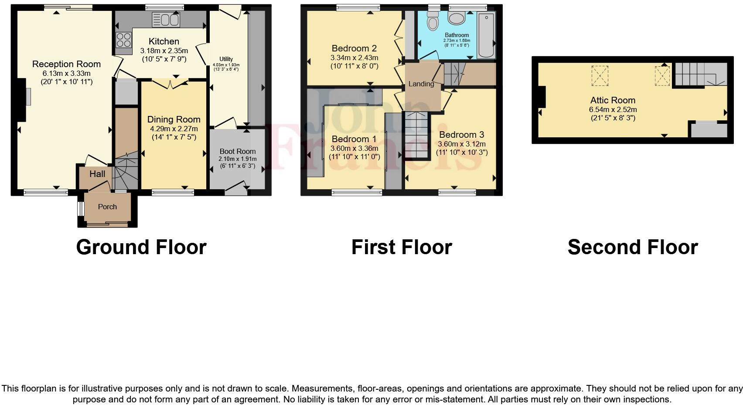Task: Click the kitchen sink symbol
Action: click(166, 20)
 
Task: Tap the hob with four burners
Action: click(123, 40)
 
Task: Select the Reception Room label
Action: click(66, 64)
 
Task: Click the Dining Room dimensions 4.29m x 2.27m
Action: click(174, 129)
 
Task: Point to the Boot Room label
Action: click(238, 151)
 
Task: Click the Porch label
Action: click(107, 207)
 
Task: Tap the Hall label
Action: click(97, 174)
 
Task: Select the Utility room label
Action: click(226, 59)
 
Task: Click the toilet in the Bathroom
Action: click(433, 21)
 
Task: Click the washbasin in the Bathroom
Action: click(457, 18)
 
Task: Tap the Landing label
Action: click(421, 84)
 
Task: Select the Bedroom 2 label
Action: click(354, 48)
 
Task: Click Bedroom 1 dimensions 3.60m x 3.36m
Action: click(354, 148)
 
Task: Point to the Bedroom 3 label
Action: click(461, 135)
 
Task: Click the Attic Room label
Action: click(613, 100)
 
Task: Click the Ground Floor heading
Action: click(141, 247)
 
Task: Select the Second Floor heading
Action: click(632, 247)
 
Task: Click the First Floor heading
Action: click(401, 247)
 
